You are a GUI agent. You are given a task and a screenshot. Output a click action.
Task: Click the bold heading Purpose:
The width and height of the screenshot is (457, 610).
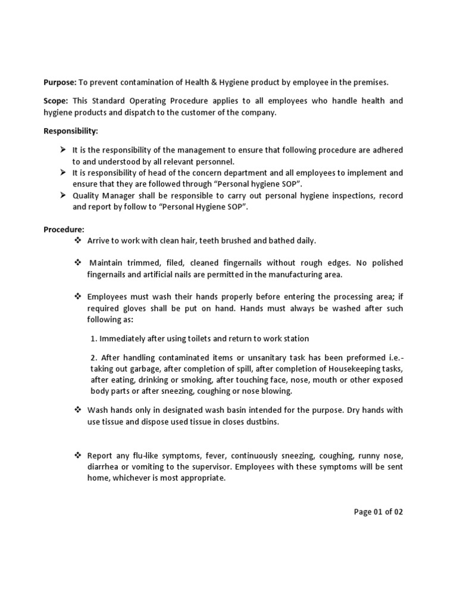pyautogui.click(x=60, y=82)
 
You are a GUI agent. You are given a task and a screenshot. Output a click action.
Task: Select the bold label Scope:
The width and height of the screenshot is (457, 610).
pyautogui.click(x=56, y=101)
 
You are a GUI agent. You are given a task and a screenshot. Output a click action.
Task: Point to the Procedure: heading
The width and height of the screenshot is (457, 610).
pyautogui.click(x=64, y=229)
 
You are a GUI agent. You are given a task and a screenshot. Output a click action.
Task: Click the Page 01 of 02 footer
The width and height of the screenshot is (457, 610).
pyautogui.click(x=378, y=512)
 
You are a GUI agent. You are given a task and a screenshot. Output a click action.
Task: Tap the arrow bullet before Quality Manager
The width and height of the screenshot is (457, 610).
pyautogui.click(x=62, y=195)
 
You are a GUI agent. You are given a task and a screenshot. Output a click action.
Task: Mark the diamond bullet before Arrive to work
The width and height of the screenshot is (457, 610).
pyautogui.click(x=77, y=240)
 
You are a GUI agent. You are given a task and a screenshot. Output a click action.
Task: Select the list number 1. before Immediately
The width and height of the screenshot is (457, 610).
pyautogui.click(x=94, y=338)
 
